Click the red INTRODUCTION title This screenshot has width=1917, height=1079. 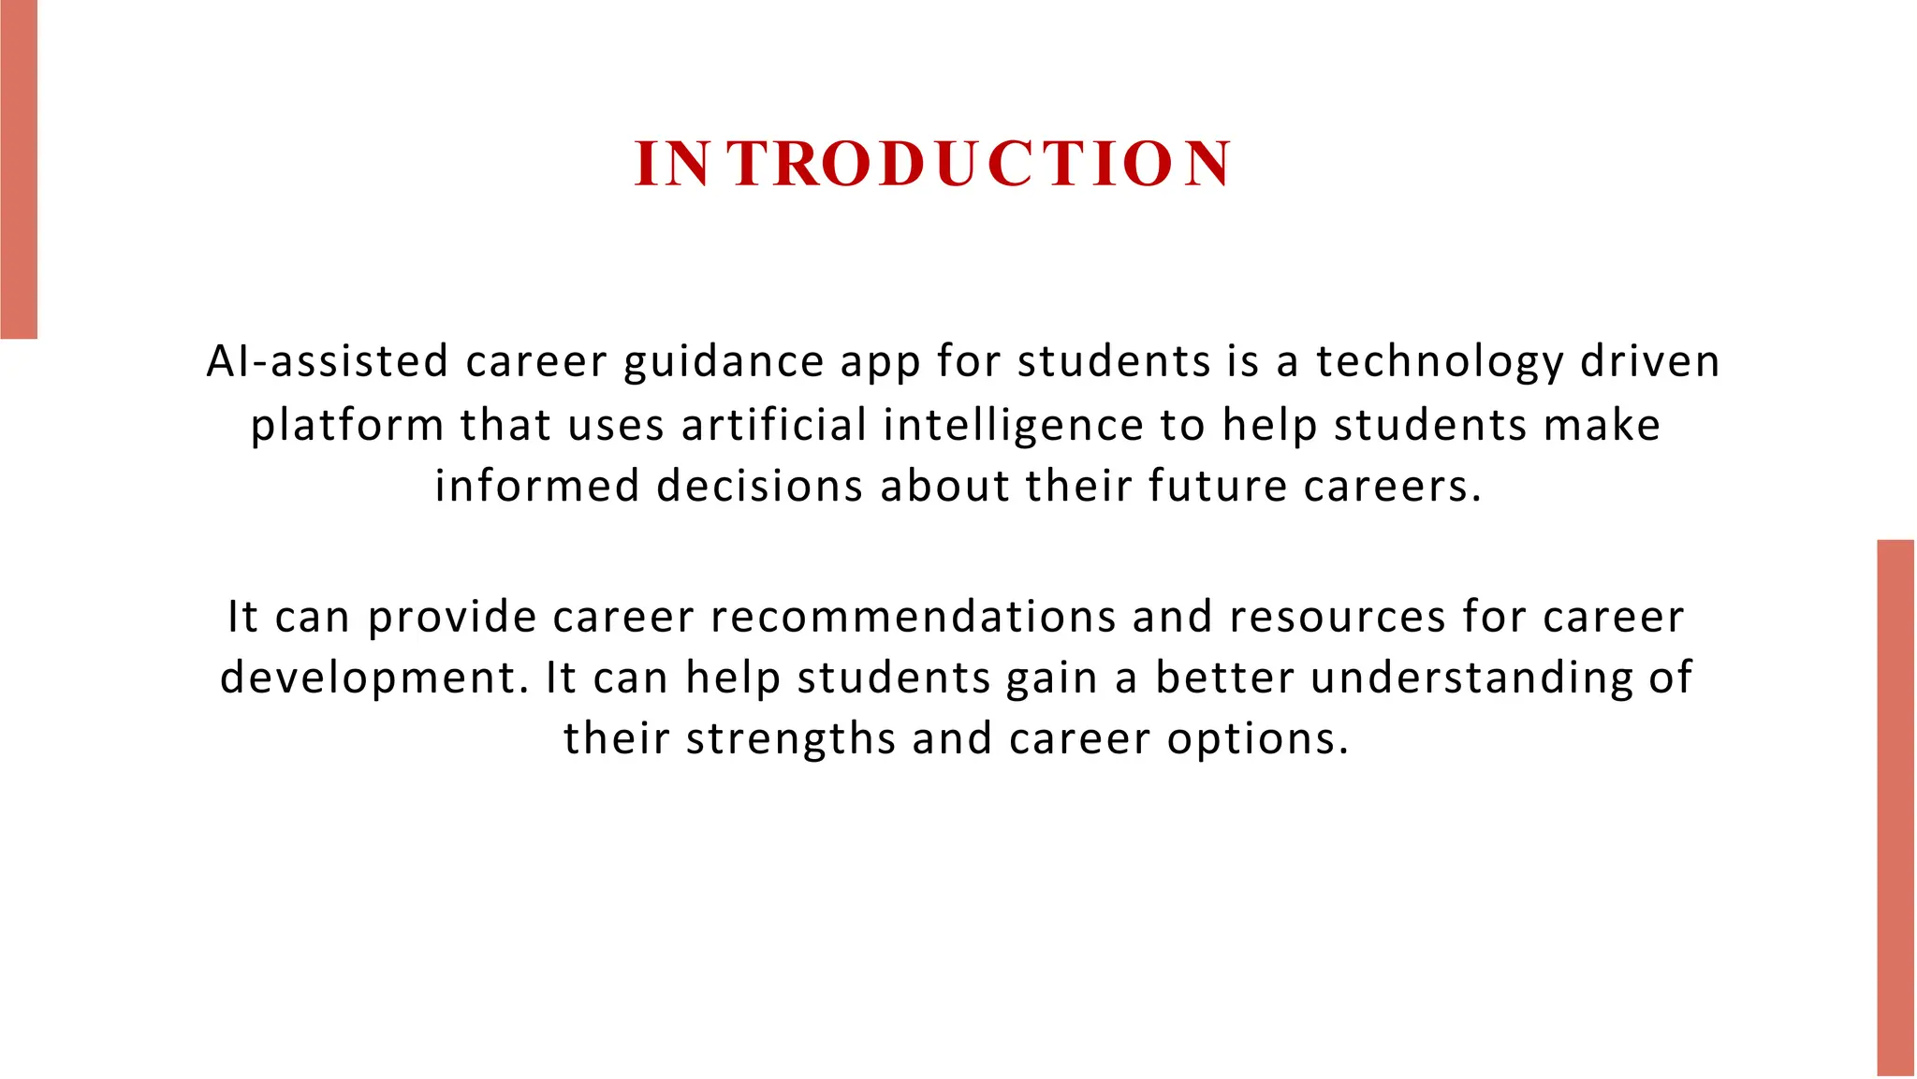(932, 164)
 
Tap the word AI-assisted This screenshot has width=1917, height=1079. (328, 362)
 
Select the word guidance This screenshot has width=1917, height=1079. (724, 362)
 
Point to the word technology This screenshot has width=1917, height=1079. (1440, 362)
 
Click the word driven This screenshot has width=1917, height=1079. (1650, 362)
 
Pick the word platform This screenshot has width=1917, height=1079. (346, 426)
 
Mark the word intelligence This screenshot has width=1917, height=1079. (1013, 426)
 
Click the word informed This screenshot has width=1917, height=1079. (537, 487)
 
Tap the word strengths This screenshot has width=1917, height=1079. (791, 739)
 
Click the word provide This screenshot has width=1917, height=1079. (452, 618)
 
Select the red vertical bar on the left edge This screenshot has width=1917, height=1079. (19, 168)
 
